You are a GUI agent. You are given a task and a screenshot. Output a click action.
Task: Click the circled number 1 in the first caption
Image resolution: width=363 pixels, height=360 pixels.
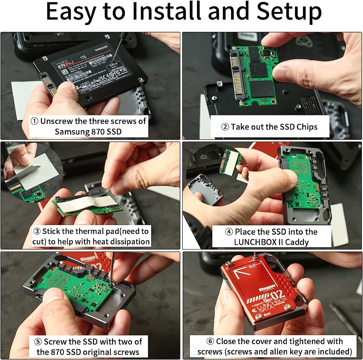click(x=34, y=121)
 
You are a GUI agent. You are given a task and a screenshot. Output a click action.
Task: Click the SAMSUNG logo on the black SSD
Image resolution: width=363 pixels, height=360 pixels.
click(x=101, y=48)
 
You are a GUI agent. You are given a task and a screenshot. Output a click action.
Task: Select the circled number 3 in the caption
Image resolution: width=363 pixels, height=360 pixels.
click(x=37, y=231)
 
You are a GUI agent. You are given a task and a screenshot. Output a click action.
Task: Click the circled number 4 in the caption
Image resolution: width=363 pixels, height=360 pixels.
click(x=229, y=232)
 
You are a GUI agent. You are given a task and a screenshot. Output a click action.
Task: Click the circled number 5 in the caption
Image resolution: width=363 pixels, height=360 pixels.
click(x=38, y=342)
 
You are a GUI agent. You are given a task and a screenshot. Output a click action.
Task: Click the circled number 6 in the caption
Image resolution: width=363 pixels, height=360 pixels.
click(x=210, y=341)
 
